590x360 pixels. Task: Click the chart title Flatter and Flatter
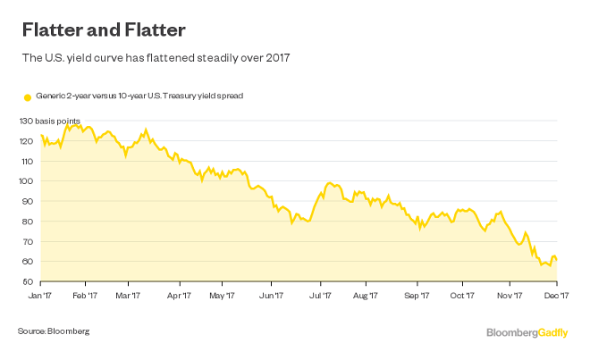point(103,31)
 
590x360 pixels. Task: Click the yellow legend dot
point(27,96)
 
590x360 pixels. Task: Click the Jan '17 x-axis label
point(40,294)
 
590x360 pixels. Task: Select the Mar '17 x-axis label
point(130,294)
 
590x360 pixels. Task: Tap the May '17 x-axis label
point(222,294)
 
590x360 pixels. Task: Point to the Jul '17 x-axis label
point(320,294)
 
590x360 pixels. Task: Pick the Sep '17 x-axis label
point(417,294)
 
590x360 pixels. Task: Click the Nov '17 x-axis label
point(509,294)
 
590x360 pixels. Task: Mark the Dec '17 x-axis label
point(558,294)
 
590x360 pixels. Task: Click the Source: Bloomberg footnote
point(54,331)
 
